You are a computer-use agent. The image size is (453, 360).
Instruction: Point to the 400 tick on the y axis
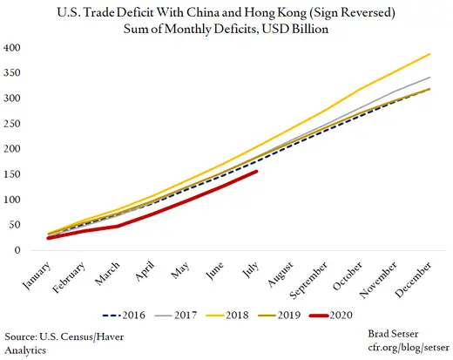[x=13, y=47]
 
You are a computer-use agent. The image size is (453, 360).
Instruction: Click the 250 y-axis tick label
[x=13, y=124]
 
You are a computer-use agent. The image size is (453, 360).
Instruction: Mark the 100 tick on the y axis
[x=13, y=200]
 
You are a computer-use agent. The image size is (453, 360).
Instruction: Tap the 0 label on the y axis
[x=17, y=251]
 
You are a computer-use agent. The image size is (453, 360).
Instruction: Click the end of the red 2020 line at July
[x=255, y=172]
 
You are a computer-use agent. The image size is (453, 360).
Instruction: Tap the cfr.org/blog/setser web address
[x=399, y=348]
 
